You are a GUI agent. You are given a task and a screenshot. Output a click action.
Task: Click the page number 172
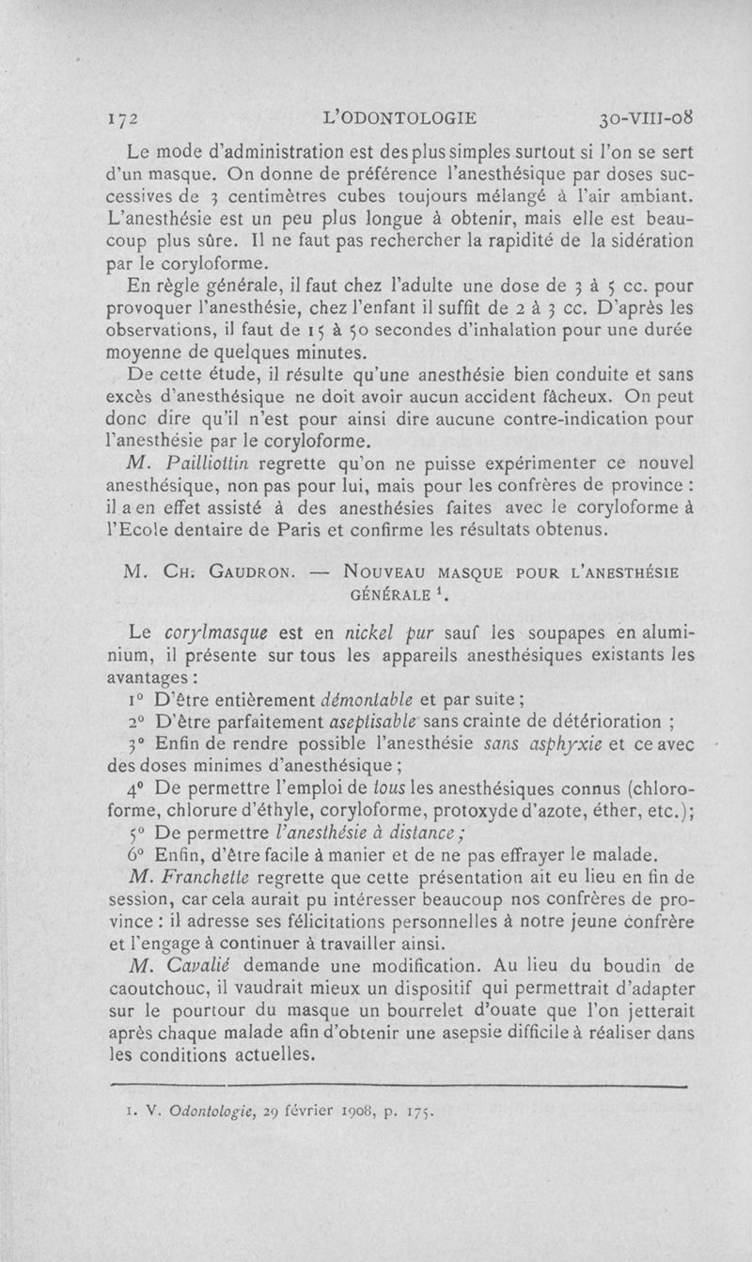(124, 119)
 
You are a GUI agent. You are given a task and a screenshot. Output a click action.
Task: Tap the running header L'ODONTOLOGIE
(399, 119)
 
